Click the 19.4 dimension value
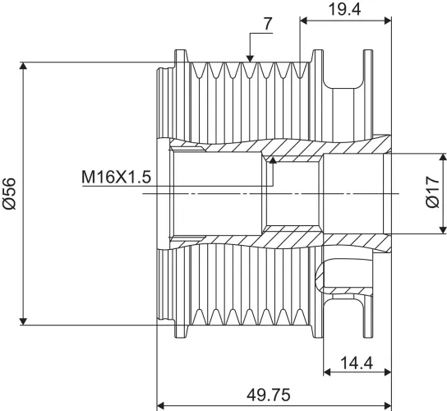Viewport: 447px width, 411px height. tap(345, 9)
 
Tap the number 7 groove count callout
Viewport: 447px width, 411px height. tap(268, 24)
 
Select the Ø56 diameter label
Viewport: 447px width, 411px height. tap(9, 193)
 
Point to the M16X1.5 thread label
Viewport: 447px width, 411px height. tap(116, 177)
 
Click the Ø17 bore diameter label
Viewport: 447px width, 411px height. tap(432, 192)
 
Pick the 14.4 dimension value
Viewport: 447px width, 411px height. tap(357, 363)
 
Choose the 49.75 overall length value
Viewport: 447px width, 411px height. tap(268, 395)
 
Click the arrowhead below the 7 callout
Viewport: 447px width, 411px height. tap(250, 58)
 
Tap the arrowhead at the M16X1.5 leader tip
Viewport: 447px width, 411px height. tap(273, 159)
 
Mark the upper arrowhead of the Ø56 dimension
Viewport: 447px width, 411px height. tap(23, 66)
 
